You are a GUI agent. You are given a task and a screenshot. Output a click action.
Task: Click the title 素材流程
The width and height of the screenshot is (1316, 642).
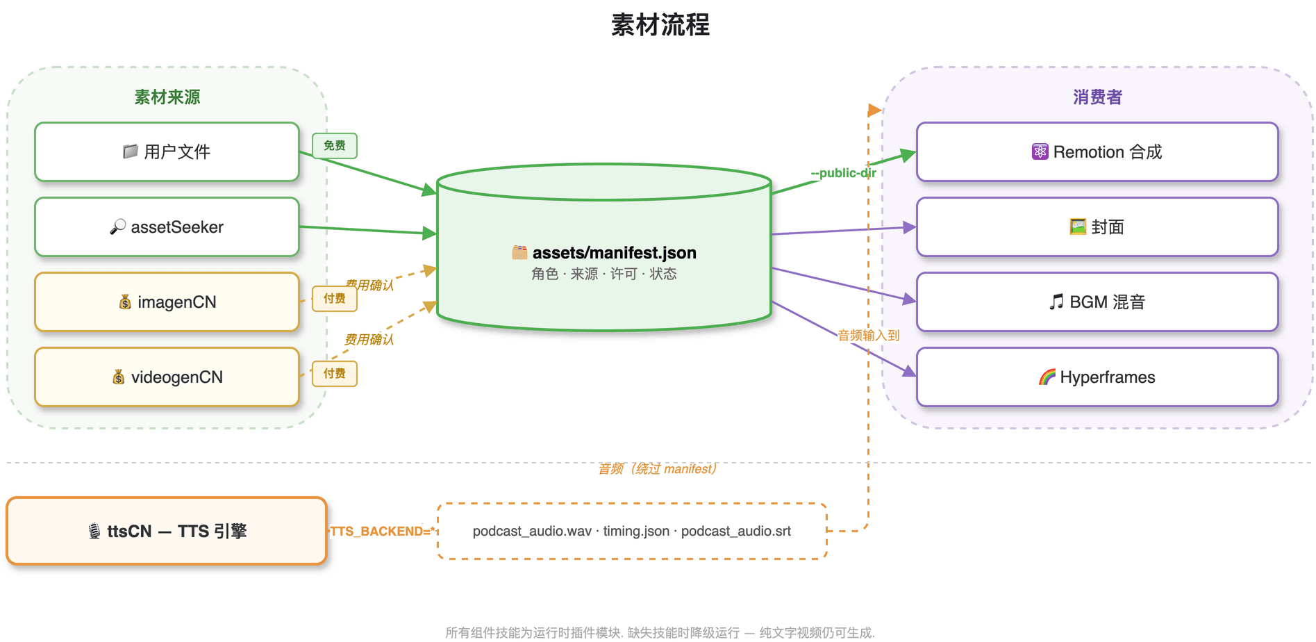pos(660,25)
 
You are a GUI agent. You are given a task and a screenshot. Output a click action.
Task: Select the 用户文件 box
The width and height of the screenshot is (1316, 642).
pos(167,152)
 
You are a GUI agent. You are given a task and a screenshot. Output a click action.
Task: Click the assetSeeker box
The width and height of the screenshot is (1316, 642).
pos(167,227)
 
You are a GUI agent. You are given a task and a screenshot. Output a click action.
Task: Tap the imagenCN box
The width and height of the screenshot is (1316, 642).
pos(167,302)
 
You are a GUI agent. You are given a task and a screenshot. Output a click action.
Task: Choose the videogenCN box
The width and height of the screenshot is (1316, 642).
pos(167,377)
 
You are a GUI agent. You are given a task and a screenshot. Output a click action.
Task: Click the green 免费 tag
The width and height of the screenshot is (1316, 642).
pos(335,146)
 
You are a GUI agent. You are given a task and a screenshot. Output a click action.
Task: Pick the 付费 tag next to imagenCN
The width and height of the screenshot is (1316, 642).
pos(335,299)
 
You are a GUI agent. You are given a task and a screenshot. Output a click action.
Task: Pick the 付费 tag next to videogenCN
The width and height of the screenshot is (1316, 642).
pos(335,374)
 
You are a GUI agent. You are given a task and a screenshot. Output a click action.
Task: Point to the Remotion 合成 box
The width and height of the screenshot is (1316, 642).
pos(1097,152)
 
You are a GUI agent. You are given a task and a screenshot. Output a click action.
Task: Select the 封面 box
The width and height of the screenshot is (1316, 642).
pos(1097,227)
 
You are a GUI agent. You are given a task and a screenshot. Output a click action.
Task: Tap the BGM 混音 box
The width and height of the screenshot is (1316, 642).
pos(1097,302)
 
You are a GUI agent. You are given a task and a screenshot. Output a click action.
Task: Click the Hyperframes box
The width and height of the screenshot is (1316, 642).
pos(1097,377)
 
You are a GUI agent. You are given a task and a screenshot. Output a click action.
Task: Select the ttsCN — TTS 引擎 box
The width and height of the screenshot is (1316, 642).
pos(167,532)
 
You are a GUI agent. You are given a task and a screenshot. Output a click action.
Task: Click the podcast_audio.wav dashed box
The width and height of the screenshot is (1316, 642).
pos(632,532)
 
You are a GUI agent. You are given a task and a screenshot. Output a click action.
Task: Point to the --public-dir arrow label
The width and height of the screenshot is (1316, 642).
pos(843,173)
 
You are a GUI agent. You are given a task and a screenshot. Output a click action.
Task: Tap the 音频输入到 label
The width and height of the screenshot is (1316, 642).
pos(868,336)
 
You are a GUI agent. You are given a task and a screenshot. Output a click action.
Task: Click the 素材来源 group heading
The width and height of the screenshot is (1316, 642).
pos(167,97)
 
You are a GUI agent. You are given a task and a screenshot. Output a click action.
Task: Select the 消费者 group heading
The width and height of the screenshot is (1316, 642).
pos(1097,97)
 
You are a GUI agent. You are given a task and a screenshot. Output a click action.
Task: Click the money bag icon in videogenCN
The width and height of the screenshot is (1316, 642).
pos(119,377)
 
